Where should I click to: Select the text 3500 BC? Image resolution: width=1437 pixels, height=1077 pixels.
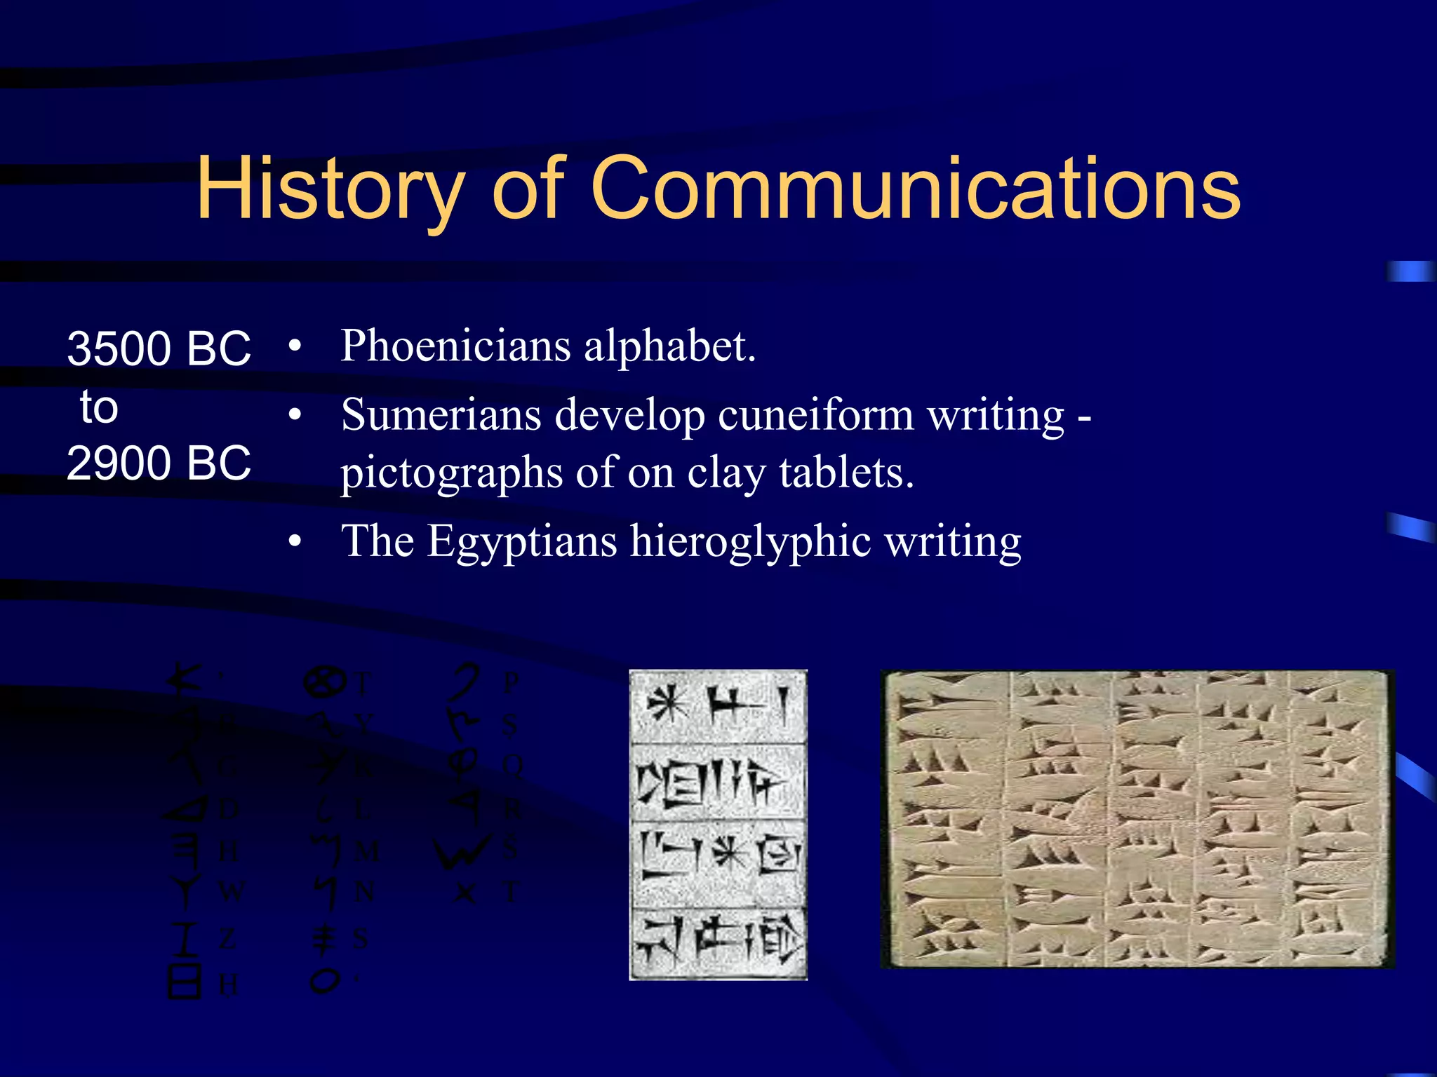click(x=159, y=348)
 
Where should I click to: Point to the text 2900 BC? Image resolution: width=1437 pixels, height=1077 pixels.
click(x=159, y=463)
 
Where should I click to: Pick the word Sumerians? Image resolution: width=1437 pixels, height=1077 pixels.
click(x=441, y=414)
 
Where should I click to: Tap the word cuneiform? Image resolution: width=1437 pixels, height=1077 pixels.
click(x=816, y=414)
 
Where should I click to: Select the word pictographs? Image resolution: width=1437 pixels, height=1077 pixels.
click(x=451, y=473)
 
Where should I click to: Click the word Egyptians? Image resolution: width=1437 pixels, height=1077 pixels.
click(x=522, y=541)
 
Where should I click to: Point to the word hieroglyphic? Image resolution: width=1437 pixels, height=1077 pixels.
click(x=750, y=541)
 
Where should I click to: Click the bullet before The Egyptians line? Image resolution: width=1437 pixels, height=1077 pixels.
click(x=295, y=541)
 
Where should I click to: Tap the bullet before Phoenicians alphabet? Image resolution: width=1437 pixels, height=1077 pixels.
click(x=295, y=346)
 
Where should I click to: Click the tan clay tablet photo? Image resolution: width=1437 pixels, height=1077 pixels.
click(x=1137, y=819)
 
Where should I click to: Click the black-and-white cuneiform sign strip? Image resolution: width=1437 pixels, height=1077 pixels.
click(x=718, y=825)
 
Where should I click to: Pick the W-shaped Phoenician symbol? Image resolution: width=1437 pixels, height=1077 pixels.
click(x=460, y=851)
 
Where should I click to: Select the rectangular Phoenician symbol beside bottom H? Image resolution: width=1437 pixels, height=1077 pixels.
click(x=185, y=981)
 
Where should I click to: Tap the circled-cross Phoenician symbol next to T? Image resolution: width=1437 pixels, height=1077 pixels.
click(x=324, y=682)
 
